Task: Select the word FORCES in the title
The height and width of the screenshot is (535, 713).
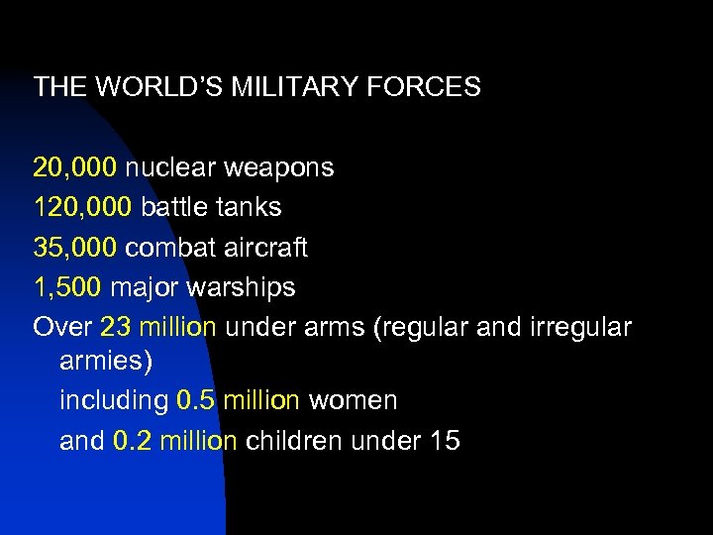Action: tap(425, 87)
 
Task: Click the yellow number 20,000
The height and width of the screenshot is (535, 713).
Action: tap(74, 167)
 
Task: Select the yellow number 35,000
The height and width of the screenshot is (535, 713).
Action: tap(74, 248)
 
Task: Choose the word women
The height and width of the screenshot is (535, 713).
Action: tap(353, 401)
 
